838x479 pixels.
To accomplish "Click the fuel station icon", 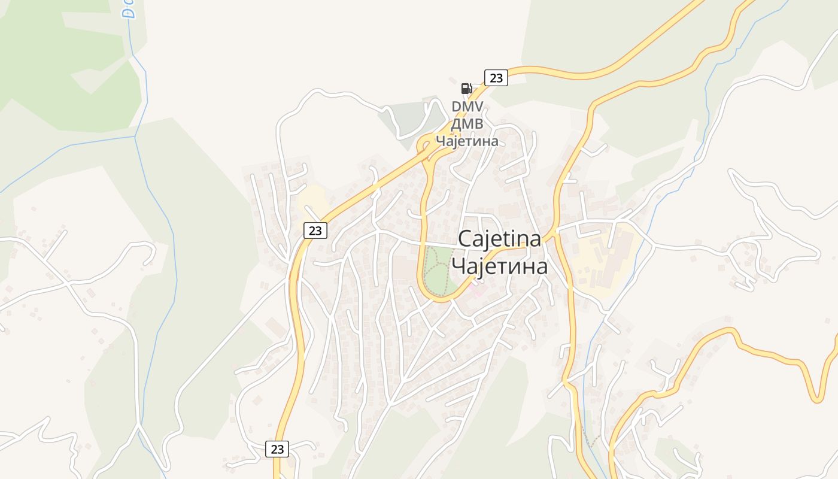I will (x=466, y=89).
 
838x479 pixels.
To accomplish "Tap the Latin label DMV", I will (x=467, y=107).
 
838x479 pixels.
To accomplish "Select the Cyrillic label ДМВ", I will (x=467, y=124).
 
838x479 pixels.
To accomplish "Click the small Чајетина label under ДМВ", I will (x=467, y=141).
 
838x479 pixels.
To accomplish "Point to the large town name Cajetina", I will (x=499, y=238).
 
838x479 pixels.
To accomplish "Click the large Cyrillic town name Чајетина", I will (x=499, y=266).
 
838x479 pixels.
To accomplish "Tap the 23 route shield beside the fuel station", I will (x=496, y=78).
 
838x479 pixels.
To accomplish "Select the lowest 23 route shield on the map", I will (x=277, y=448).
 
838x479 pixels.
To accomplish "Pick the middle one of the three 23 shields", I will (x=315, y=231).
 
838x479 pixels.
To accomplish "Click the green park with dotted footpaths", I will (x=437, y=271).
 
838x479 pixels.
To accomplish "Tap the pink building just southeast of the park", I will (x=478, y=292).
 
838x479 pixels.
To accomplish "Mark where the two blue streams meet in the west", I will (x=136, y=137).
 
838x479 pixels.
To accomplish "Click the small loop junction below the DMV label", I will (x=426, y=144).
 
